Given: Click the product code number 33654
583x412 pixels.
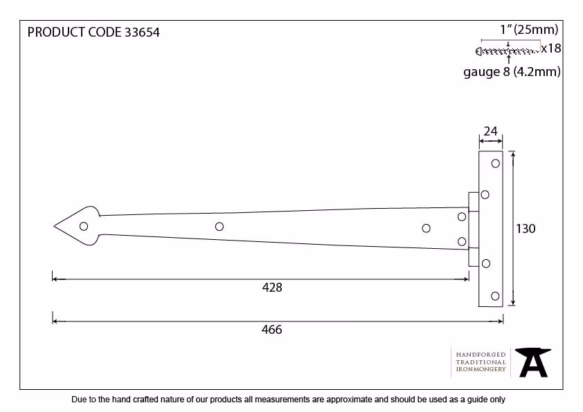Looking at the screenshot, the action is click(x=142, y=32).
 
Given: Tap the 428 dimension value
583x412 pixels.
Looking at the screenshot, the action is click(x=272, y=288).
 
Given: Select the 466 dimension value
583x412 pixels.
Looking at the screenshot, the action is click(x=272, y=330).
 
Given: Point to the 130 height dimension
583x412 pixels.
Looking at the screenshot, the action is click(x=526, y=229).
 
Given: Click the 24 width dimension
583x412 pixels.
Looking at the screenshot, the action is click(x=491, y=131).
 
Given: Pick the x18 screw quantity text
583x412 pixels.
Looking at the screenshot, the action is click(x=551, y=48).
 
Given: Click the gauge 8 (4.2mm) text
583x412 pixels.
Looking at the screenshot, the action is click(x=512, y=72).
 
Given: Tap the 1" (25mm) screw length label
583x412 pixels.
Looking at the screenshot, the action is click(x=530, y=29).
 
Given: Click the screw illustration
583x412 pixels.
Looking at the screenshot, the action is click(x=507, y=51).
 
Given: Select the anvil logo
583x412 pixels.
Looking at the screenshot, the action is click(x=533, y=362).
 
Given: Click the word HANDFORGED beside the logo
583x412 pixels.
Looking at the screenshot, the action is click(x=481, y=355).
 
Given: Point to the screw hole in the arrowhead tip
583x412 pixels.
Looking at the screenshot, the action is click(x=84, y=227).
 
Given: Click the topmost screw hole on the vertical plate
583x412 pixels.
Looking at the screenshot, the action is click(x=496, y=163).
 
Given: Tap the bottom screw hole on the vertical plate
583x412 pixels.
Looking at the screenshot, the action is click(x=495, y=296).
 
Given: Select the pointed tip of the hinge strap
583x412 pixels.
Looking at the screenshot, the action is click(x=54, y=226).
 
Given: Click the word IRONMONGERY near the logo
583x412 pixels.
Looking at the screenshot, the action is click(x=481, y=369).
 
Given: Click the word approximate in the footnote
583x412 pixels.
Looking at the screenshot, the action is click(x=349, y=400).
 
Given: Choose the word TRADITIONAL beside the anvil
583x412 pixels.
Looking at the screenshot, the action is click(x=481, y=362).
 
